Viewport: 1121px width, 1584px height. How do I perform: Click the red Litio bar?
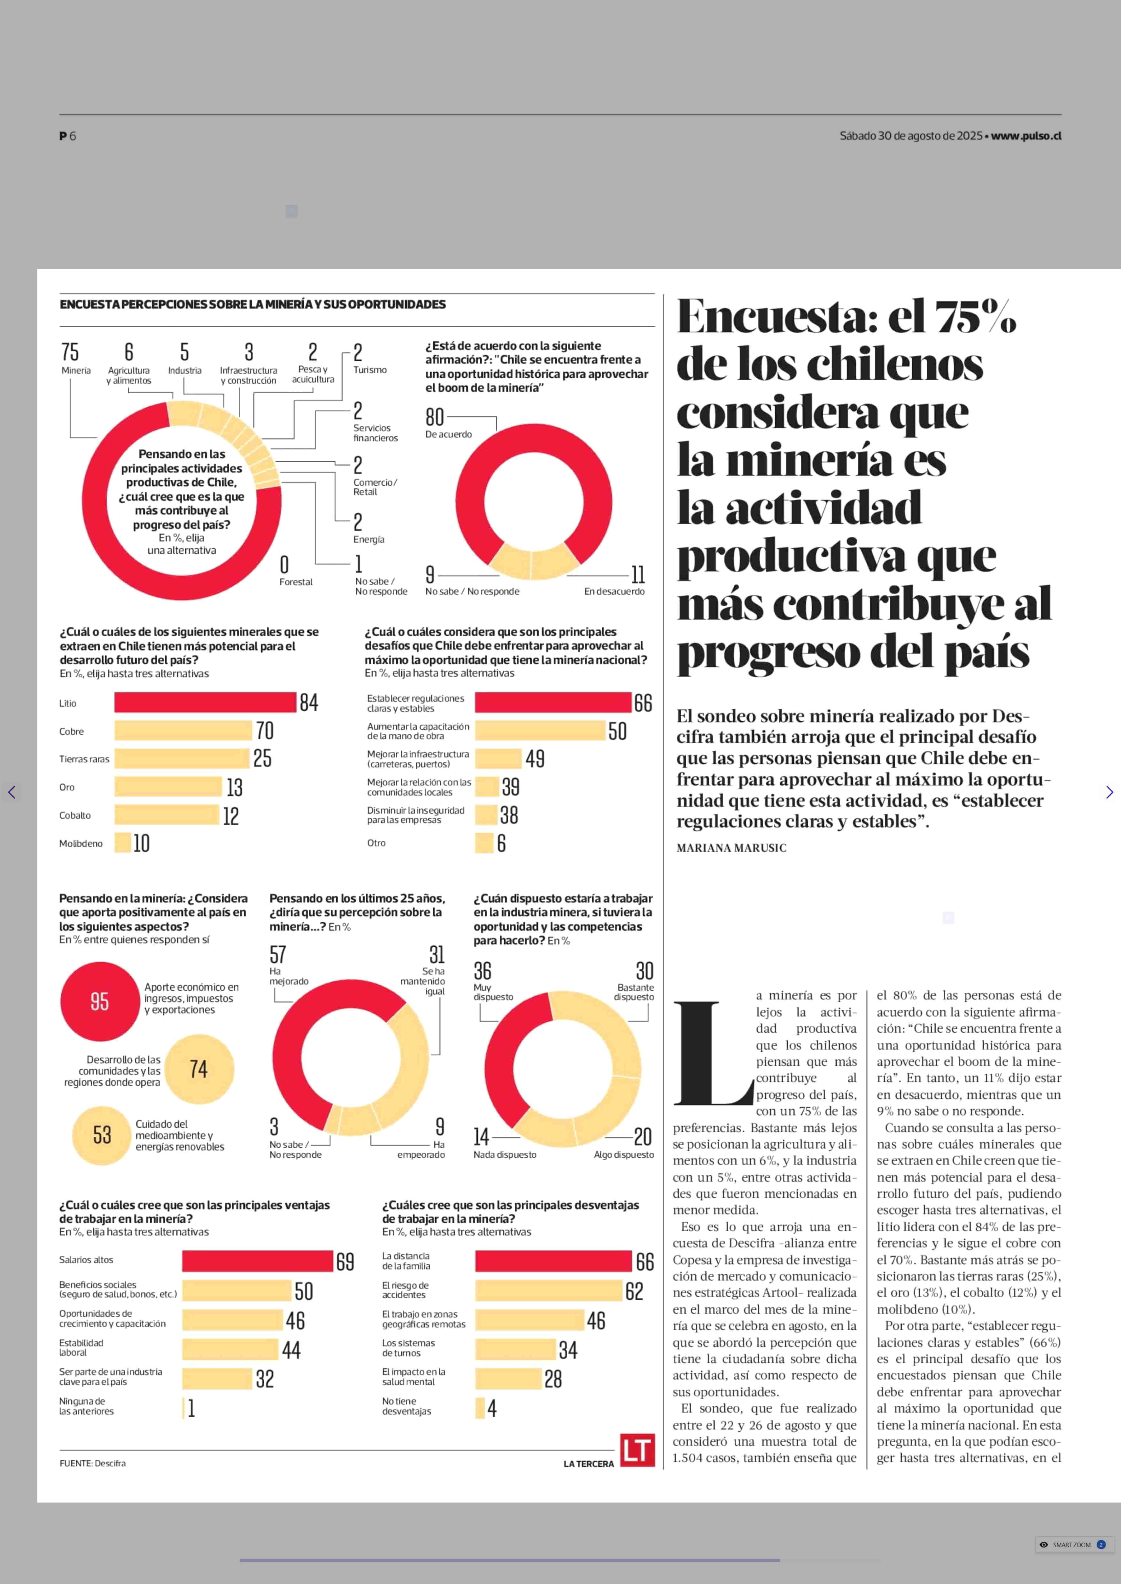(x=205, y=702)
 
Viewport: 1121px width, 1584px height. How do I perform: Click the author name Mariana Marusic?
(x=731, y=848)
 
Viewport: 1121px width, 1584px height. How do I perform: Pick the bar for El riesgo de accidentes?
(x=549, y=1290)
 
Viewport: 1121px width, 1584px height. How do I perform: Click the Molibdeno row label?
(x=81, y=843)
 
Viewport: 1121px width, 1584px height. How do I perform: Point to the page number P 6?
(x=68, y=136)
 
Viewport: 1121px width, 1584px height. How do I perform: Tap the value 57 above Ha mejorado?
(x=277, y=955)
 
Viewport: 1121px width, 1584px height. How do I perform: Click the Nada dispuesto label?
(x=505, y=1155)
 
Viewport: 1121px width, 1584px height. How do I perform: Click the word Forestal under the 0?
(x=296, y=582)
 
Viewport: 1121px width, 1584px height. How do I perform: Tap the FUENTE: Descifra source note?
(x=92, y=1463)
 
